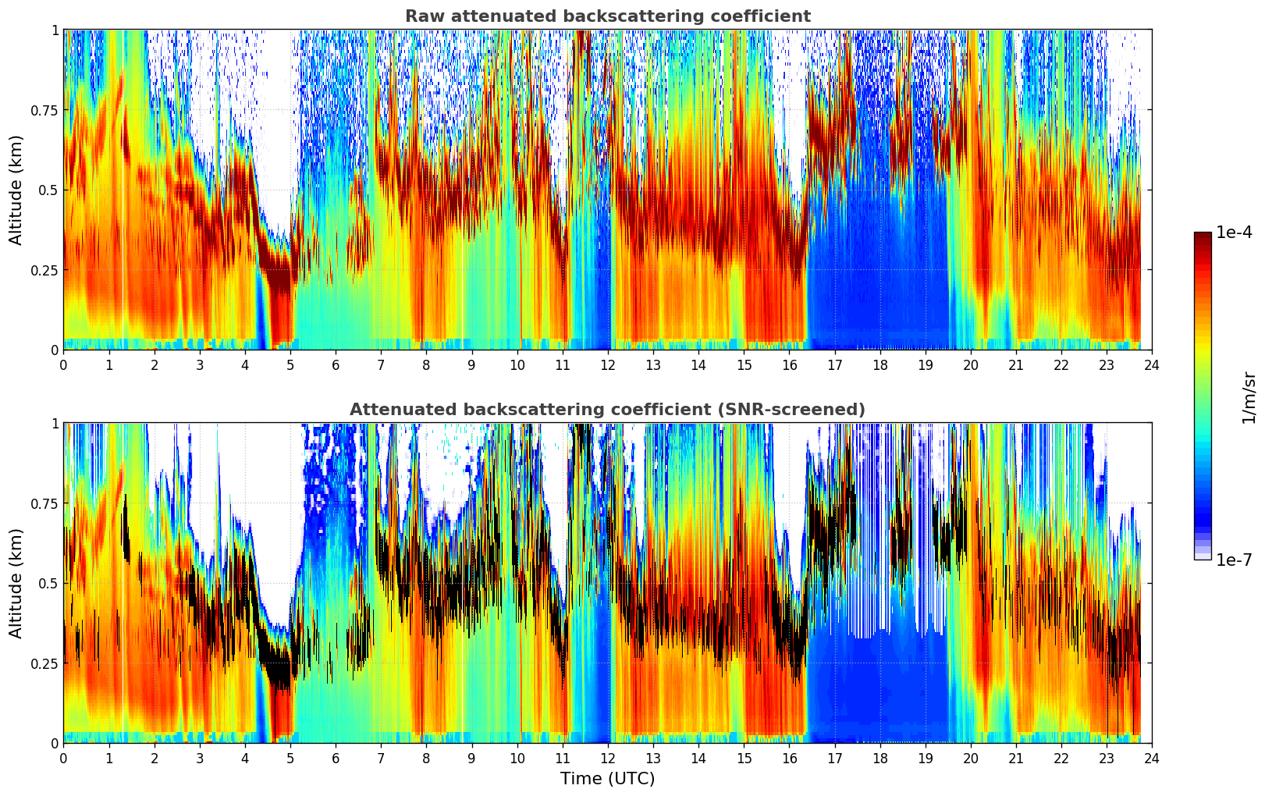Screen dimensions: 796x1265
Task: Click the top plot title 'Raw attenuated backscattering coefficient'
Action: pos(607,16)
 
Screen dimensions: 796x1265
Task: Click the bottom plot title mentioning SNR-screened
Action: pos(607,410)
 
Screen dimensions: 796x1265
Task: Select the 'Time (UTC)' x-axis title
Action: pos(607,779)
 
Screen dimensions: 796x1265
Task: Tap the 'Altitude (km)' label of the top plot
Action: pos(16,190)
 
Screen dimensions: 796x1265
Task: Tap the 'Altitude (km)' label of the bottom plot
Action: pos(16,583)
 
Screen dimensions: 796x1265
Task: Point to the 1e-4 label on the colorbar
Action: pos(1234,233)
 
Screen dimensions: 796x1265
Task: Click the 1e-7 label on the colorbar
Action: pos(1234,560)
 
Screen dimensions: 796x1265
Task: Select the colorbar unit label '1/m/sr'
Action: pos(1249,397)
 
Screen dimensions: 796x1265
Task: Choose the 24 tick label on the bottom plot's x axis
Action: pos(1152,758)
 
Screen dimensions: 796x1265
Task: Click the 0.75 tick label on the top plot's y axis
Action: pos(44,110)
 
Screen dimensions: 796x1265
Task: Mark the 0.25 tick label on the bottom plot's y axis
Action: pos(44,663)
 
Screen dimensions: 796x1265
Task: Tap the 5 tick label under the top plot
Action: pos(290,364)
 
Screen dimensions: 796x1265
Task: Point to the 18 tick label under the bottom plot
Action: pos(879,758)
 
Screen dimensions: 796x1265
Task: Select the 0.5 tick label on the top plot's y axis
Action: pos(48,190)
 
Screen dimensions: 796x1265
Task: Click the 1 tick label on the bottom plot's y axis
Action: pos(55,423)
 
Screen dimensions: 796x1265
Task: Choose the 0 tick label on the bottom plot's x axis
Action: pos(63,758)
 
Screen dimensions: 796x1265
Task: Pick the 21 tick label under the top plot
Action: pos(1016,364)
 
